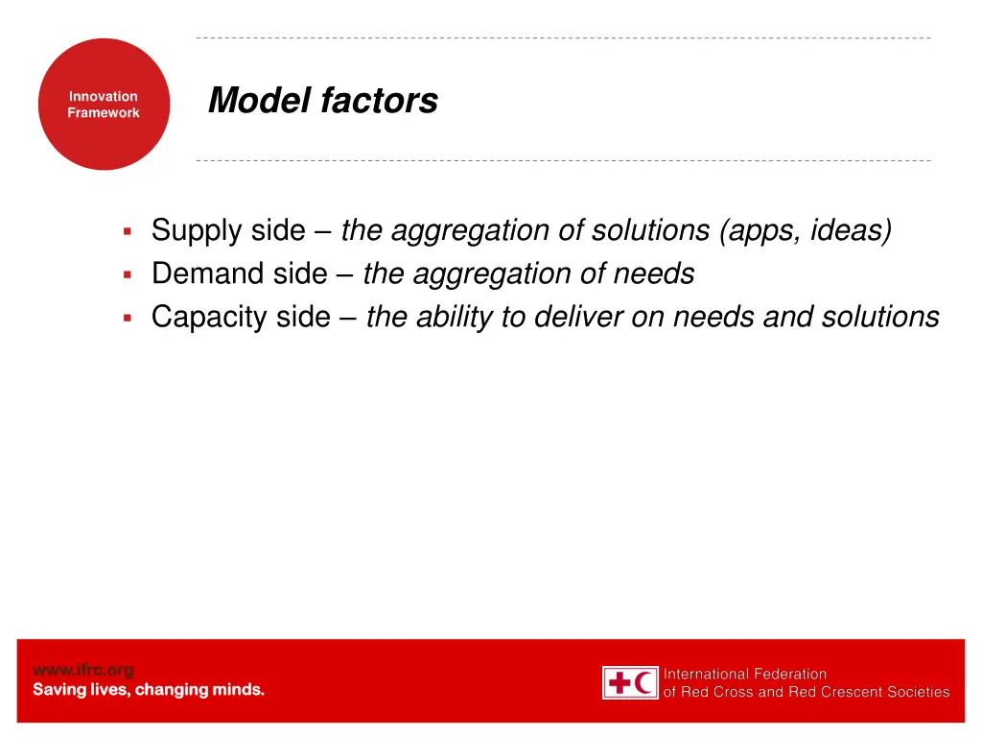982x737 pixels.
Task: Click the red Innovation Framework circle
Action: coord(104,105)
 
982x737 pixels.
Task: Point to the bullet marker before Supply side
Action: coord(127,231)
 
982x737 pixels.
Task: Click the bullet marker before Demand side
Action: coord(127,274)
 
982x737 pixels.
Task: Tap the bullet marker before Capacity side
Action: coord(127,318)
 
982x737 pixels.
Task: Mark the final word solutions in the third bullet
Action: coord(880,318)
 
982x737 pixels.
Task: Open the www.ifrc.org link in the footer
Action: coord(83,670)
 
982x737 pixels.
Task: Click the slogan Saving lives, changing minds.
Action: coord(149,690)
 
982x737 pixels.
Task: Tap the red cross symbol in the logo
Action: coord(620,683)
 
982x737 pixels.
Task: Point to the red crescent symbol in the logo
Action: coord(645,683)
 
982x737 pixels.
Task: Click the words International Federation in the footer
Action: coord(745,675)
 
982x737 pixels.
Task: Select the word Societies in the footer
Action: coord(917,692)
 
